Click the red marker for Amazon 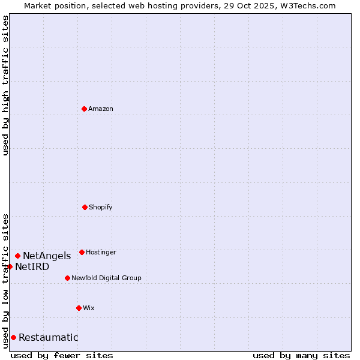point(84,109)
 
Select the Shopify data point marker point(85,207)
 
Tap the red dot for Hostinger point(82,252)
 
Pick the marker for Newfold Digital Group point(67,278)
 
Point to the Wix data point point(79,308)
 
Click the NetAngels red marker point(17,256)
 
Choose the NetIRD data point point(10,266)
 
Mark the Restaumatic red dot point(13,337)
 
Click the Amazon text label point(101,109)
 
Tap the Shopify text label point(101,208)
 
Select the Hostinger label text point(101,253)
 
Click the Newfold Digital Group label point(106,278)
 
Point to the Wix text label point(89,308)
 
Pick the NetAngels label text point(47,256)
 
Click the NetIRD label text point(32,267)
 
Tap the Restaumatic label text point(49,338)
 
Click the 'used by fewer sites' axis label point(62,355)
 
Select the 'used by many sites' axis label point(301,355)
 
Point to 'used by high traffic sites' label point(5,85)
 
